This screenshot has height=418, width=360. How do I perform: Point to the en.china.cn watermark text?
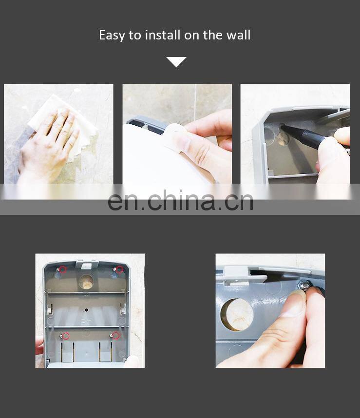click(x=180, y=200)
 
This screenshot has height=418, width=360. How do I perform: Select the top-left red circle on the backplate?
click(x=62, y=269)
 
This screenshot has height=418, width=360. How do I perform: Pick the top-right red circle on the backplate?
click(x=119, y=270)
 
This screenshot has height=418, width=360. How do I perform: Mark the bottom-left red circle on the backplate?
click(x=66, y=336)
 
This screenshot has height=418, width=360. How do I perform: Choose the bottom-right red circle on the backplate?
click(x=115, y=335)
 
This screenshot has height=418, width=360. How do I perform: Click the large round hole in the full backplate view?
click(x=86, y=282)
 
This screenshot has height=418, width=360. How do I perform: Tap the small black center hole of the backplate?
click(x=86, y=310)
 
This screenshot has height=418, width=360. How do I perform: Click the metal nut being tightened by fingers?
click(x=304, y=285)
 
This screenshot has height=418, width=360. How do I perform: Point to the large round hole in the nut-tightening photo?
click(x=237, y=315)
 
